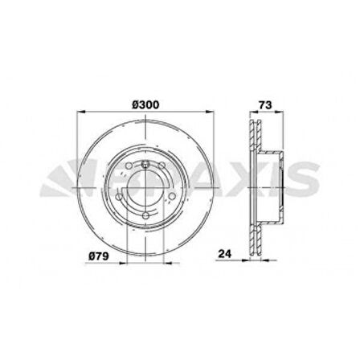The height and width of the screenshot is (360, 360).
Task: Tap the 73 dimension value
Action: point(263,103)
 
